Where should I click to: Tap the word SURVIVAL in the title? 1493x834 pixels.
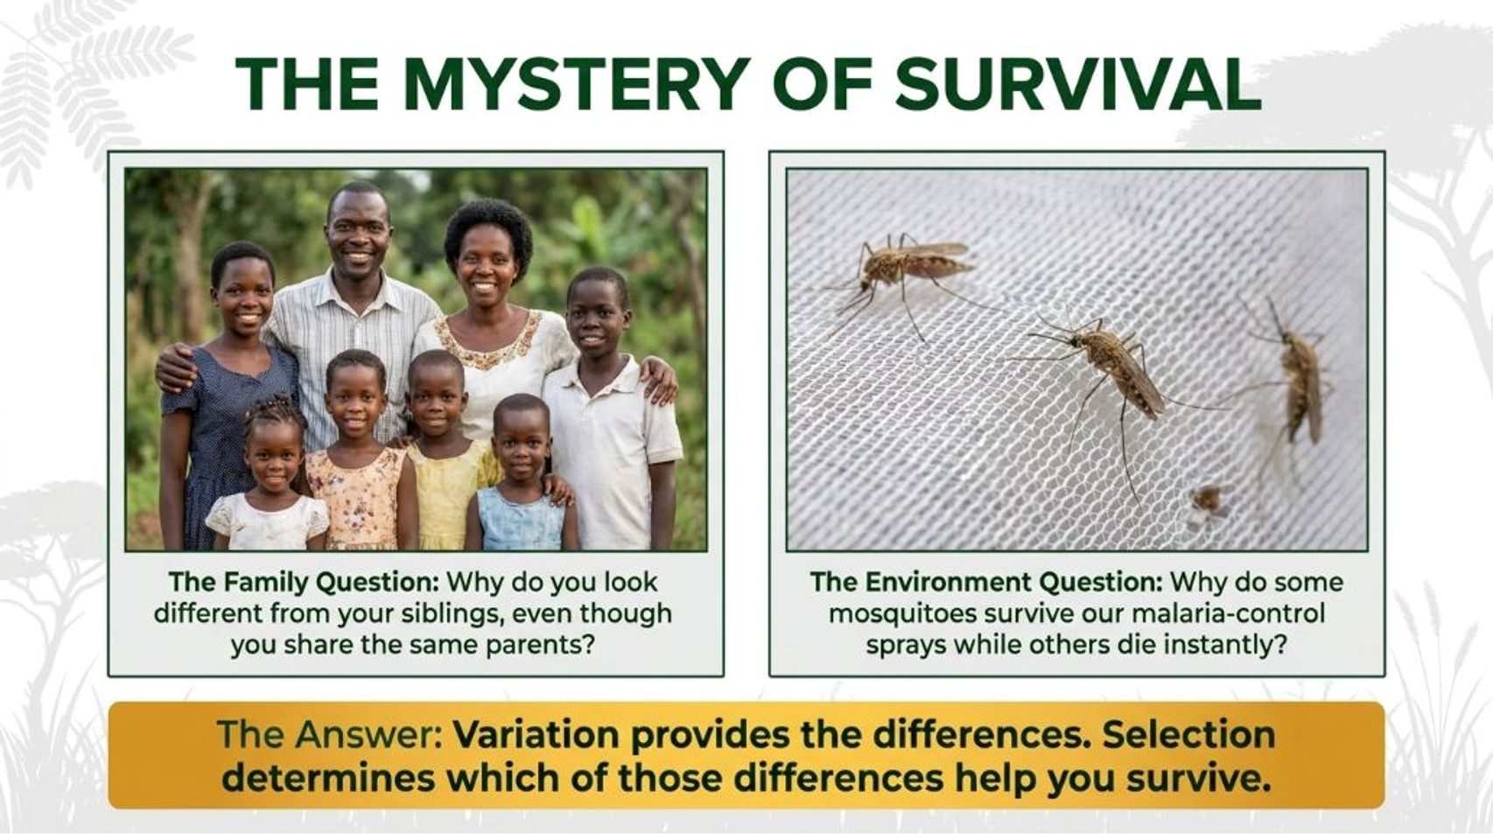coord(1078,85)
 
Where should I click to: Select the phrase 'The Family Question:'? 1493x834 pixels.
coord(304,582)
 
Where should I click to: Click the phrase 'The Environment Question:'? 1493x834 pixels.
coord(987,582)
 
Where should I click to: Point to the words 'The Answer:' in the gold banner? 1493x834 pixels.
coord(331,734)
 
